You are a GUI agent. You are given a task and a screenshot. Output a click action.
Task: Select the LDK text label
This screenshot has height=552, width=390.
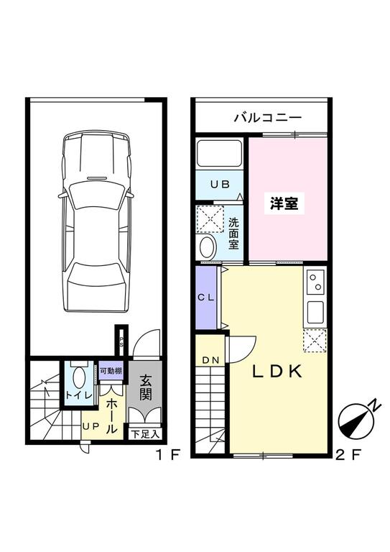click(x=279, y=372)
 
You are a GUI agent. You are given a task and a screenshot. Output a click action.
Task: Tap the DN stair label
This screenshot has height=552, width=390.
click(x=210, y=360)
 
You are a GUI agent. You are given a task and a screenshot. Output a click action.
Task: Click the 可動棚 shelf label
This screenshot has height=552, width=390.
click(x=110, y=372)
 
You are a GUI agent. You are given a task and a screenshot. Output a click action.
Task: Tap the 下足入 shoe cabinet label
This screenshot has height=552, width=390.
click(x=145, y=434)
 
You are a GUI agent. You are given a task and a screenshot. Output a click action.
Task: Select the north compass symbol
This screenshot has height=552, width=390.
click(x=359, y=421)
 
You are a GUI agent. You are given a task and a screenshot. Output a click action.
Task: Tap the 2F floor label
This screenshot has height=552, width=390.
click(x=347, y=456)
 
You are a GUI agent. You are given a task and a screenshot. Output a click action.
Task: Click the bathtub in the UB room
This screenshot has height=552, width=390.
click(x=220, y=155)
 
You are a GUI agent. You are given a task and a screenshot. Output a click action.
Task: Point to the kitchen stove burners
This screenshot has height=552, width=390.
click(x=316, y=282)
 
